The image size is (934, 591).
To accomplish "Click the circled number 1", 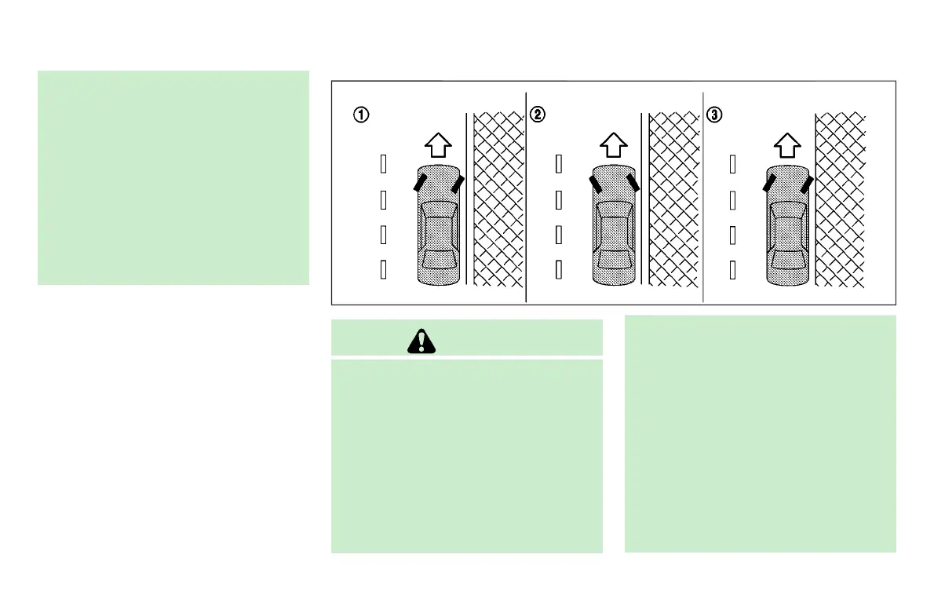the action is [x=360, y=115].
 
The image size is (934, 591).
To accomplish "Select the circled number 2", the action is [x=538, y=115].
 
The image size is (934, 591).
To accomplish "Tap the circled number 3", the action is [x=713, y=115].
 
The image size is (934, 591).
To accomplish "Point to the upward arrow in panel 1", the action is [x=439, y=145].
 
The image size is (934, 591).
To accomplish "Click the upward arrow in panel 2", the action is [x=614, y=145].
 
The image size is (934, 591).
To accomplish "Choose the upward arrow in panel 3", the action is [x=788, y=145].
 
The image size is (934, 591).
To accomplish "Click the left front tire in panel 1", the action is [x=421, y=183].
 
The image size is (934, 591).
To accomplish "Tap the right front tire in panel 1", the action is [x=457, y=184].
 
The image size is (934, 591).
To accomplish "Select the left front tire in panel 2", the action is [x=596, y=183].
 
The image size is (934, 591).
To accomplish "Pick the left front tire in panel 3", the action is [x=770, y=183].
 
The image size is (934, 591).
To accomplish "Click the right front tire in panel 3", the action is [x=806, y=184].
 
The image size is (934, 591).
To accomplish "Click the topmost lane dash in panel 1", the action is [x=383, y=164].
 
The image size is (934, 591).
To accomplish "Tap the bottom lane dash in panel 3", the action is [x=732, y=270].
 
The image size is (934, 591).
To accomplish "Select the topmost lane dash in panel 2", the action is [x=558, y=164].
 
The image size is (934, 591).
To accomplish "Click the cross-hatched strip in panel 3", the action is [x=841, y=200].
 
